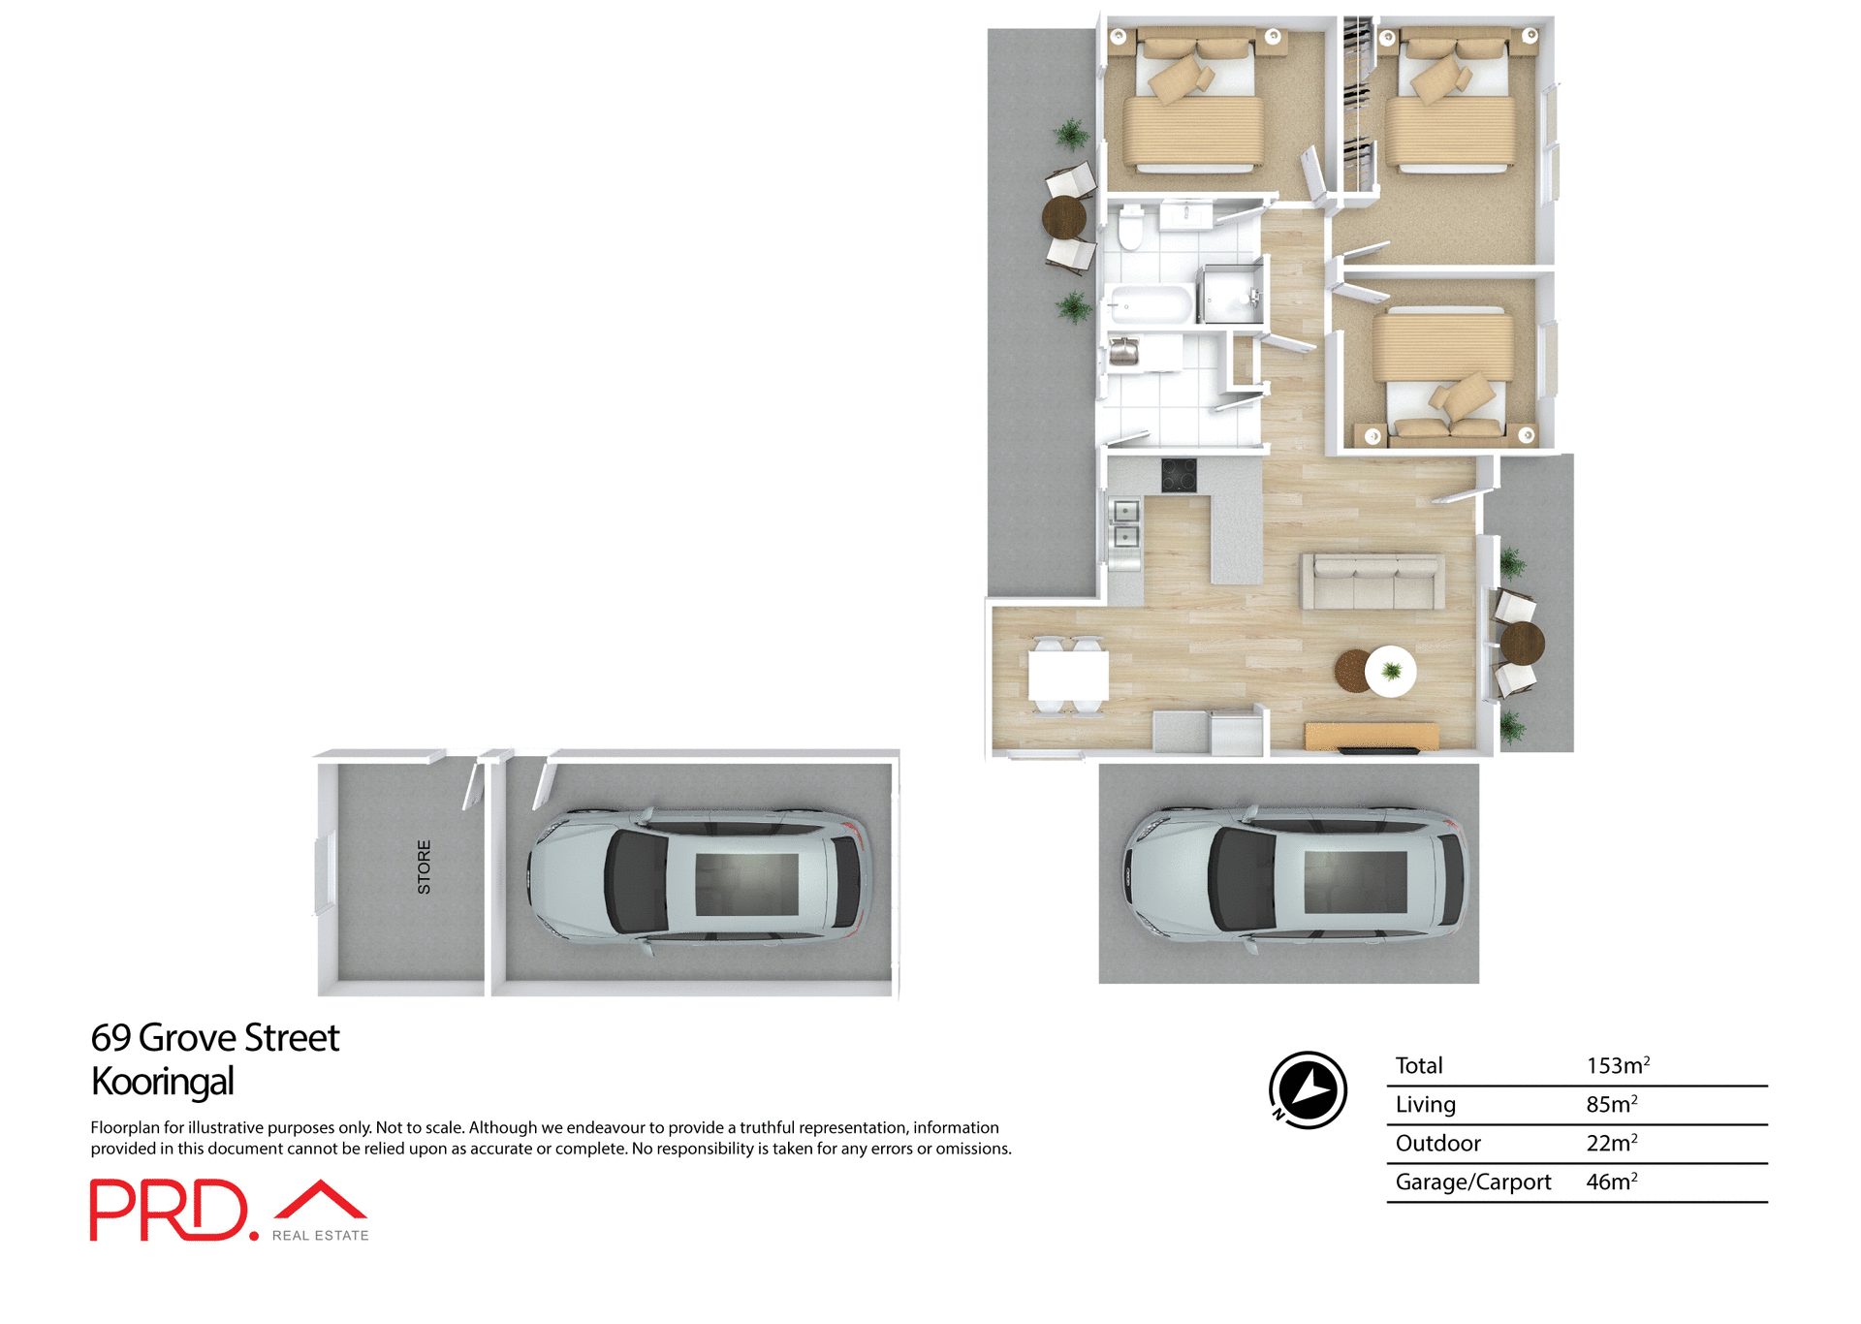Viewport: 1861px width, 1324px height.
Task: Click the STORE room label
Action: tap(424, 867)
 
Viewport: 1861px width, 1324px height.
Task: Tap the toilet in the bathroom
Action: tap(1130, 229)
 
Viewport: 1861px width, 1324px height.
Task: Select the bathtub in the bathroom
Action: tap(1151, 305)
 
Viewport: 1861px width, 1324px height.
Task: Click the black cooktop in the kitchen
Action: tap(1179, 475)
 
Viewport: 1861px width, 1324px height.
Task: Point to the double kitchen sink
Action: tap(1125, 523)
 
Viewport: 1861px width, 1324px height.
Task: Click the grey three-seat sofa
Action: tap(1372, 582)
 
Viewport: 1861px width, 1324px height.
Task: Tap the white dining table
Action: tap(1068, 675)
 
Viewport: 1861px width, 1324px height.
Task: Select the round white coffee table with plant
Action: tap(1391, 671)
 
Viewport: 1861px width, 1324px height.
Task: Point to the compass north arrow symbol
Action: tap(1309, 1090)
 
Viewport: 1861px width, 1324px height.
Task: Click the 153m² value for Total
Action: tap(1617, 1066)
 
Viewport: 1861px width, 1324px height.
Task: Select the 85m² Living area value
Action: tap(1611, 1105)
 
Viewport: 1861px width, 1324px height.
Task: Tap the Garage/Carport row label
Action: tap(1472, 1182)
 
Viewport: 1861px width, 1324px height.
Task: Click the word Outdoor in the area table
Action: tap(1437, 1144)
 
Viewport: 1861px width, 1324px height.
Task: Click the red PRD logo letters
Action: tap(170, 1210)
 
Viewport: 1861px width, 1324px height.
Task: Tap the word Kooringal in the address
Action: tap(163, 1082)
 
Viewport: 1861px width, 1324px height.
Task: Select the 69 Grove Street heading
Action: tap(215, 1038)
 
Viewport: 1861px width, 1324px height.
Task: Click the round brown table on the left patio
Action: tap(1064, 217)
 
